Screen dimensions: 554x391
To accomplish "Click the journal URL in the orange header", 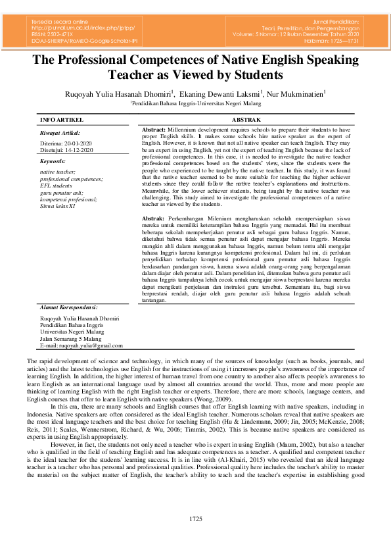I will click(77, 28).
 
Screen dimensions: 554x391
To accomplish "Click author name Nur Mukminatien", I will click(294, 93).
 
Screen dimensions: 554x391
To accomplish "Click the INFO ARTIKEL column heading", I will click(61, 120).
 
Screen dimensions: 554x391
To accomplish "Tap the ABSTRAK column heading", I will click(247, 120).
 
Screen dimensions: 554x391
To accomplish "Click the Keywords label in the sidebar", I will click(53, 161).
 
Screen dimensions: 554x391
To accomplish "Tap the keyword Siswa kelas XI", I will click(58, 205).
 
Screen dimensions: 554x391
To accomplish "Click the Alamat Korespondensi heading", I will click(68, 307).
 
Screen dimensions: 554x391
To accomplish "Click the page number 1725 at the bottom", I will click(195, 520).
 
